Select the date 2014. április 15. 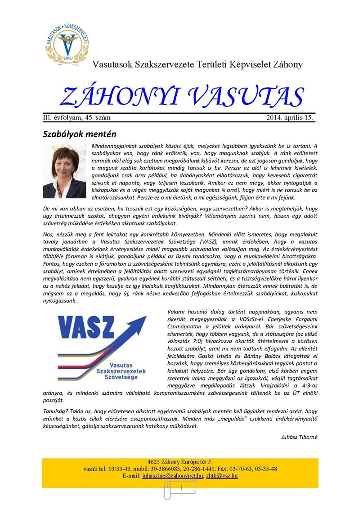(290, 118)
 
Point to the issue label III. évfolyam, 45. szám (77, 118)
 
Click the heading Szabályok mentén (79, 134)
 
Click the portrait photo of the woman (64, 171)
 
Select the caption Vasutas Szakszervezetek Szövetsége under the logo (121, 371)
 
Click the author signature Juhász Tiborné (299, 437)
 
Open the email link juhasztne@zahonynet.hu (172, 476)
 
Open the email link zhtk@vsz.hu (222, 476)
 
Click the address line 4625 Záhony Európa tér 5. (180, 462)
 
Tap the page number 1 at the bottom (181, 488)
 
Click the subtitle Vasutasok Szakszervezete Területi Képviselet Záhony (197, 65)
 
